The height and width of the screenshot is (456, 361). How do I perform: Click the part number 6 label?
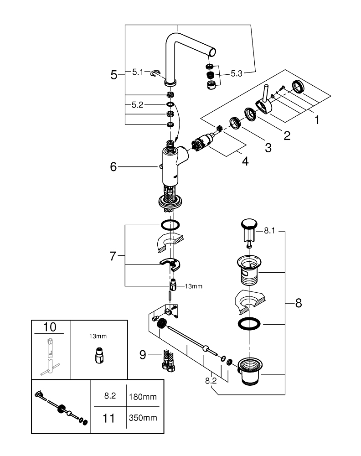click(113, 166)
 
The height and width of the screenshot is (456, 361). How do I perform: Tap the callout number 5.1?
click(138, 72)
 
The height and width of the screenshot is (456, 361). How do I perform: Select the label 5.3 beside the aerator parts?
click(236, 73)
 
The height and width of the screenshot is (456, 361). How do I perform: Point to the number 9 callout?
click(143, 354)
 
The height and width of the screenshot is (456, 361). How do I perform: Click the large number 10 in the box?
click(50, 327)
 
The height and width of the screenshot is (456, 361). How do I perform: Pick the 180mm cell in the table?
click(143, 397)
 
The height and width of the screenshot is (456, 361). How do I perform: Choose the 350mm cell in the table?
click(143, 418)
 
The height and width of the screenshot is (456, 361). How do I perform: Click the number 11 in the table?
click(108, 418)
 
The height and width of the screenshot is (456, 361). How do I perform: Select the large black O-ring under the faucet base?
click(170, 225)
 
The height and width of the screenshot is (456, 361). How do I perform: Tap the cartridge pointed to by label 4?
click(203, 142)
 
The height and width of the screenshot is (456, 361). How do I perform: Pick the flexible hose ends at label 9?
click(168, 360)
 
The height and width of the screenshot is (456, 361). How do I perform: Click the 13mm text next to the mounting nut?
click(194, 286)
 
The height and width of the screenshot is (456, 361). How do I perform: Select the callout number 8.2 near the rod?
click(211, 381)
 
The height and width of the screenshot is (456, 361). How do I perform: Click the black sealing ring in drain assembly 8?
click(249, 324)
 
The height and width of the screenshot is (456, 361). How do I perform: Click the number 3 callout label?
click(268, 148)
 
